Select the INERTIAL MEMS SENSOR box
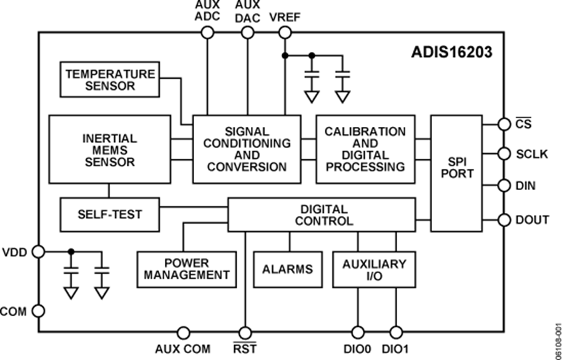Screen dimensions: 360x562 109,149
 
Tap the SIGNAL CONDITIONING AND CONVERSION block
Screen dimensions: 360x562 246,149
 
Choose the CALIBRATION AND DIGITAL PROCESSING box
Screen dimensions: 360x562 365,149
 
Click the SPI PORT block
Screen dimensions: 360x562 456,173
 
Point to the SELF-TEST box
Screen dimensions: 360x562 109,214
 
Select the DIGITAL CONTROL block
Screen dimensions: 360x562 321,214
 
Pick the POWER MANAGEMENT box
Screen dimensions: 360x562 187,269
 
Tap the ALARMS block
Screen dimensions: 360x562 287,269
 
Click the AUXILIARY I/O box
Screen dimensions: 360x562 374,269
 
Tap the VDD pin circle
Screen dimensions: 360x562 39,251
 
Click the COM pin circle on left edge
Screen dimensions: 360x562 39,310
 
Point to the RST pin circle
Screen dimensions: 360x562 245,332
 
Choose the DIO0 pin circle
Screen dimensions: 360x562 358,332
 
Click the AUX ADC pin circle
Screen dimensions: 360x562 207,32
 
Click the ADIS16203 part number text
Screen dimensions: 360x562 452,52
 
